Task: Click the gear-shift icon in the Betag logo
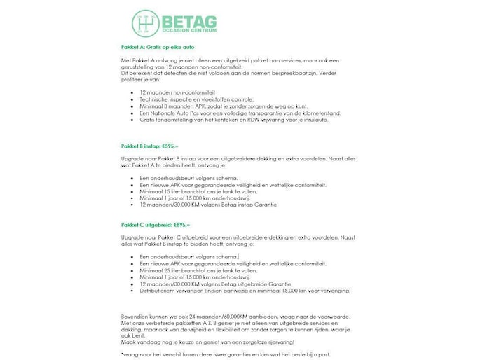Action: (x=146, y=22)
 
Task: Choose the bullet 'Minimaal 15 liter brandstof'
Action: (x=188, y=191)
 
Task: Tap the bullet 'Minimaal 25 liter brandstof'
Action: (x=188, y=270)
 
